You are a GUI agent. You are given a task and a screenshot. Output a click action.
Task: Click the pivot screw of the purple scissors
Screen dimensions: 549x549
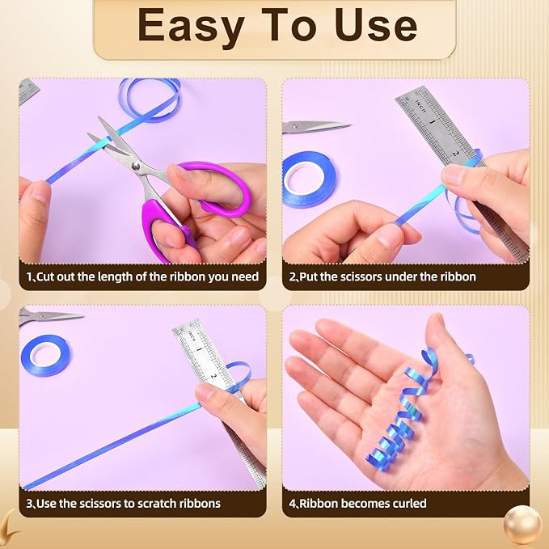tap(136, 166)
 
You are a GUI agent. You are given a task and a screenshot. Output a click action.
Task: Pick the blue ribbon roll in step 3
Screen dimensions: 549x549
tap(45, 355)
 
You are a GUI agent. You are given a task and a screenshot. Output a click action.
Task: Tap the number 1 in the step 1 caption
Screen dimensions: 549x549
tap(29, 277)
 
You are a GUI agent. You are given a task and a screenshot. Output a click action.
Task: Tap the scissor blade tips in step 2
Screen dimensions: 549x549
tap(349, 125)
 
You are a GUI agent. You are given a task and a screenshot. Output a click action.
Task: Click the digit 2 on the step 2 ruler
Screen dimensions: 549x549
tap(455, 153)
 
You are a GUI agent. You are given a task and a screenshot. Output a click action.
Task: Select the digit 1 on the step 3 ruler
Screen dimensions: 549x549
tap(199, 350)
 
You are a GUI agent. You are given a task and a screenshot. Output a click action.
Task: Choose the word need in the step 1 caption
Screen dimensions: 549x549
tap(245, 277)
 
